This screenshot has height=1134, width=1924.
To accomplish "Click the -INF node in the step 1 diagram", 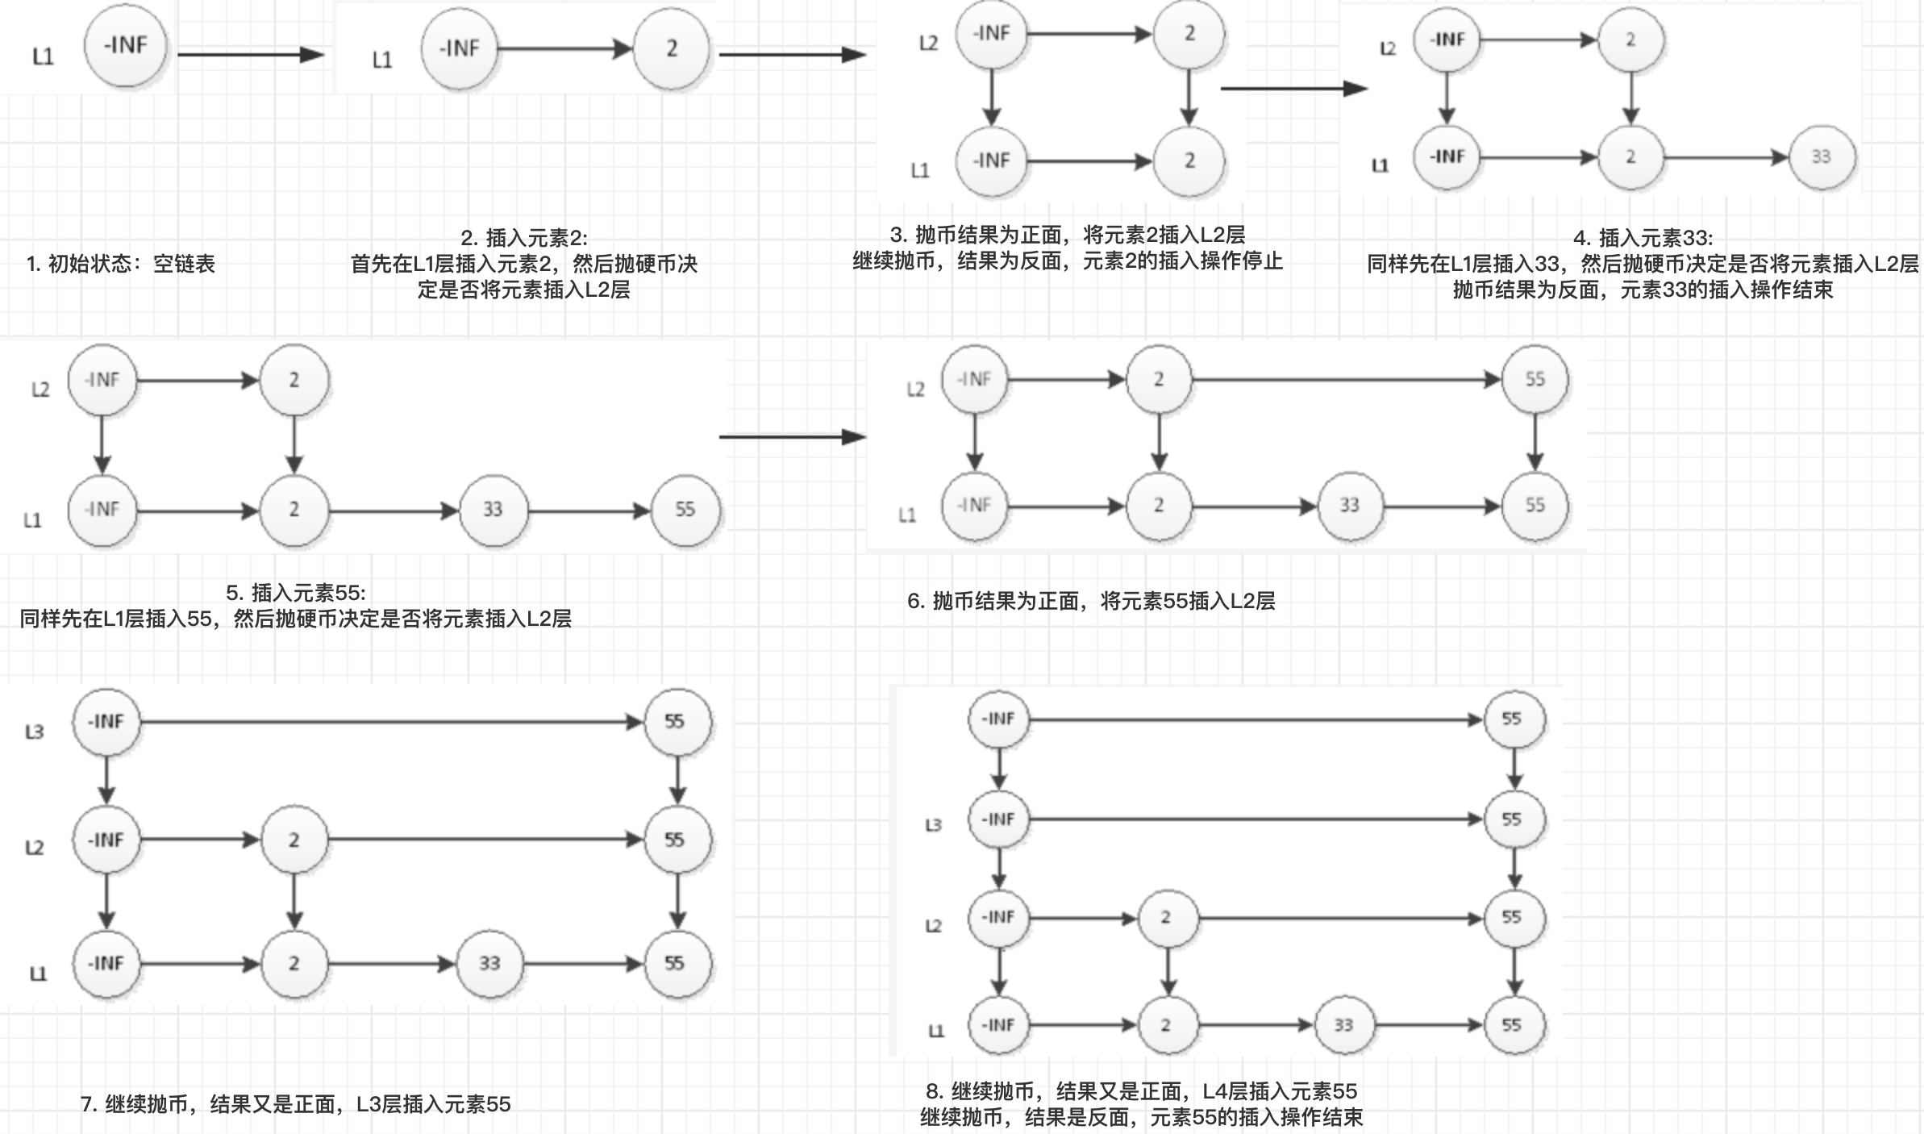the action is point(126,46).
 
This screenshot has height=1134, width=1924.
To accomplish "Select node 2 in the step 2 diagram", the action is point(671,49).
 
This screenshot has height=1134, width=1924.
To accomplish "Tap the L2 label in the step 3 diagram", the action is point(928,43).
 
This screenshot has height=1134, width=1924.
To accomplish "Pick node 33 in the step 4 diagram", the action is point(1821,156).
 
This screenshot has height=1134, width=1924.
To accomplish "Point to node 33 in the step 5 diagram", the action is point(493,510).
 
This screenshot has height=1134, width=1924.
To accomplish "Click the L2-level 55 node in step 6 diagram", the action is point(1535,379).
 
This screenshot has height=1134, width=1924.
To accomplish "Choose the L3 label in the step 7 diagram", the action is point(35,732).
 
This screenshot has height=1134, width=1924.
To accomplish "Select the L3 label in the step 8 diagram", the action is point(933,825).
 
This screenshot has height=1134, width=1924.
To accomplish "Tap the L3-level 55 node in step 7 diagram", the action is point(676,722).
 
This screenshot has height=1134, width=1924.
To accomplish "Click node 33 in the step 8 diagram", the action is point(1343,1025).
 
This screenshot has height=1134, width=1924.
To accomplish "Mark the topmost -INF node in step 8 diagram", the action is point(998,719).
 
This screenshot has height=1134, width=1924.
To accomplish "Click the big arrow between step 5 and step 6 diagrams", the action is point(793,437).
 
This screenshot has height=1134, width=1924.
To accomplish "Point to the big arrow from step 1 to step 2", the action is point(251,55).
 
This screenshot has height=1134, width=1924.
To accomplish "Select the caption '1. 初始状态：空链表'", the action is point(121,264).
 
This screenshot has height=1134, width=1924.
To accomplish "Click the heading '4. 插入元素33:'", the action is point(1643,238).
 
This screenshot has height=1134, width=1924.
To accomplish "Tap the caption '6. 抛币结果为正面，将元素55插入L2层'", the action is point(1091,601).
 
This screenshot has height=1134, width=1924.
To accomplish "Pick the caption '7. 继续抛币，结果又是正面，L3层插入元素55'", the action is point(296,1104).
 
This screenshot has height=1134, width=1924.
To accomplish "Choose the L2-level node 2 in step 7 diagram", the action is point(294,840).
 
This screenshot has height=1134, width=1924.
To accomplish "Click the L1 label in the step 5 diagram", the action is point(33,520).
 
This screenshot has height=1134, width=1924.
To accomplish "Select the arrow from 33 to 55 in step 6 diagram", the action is point(1442,507).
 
